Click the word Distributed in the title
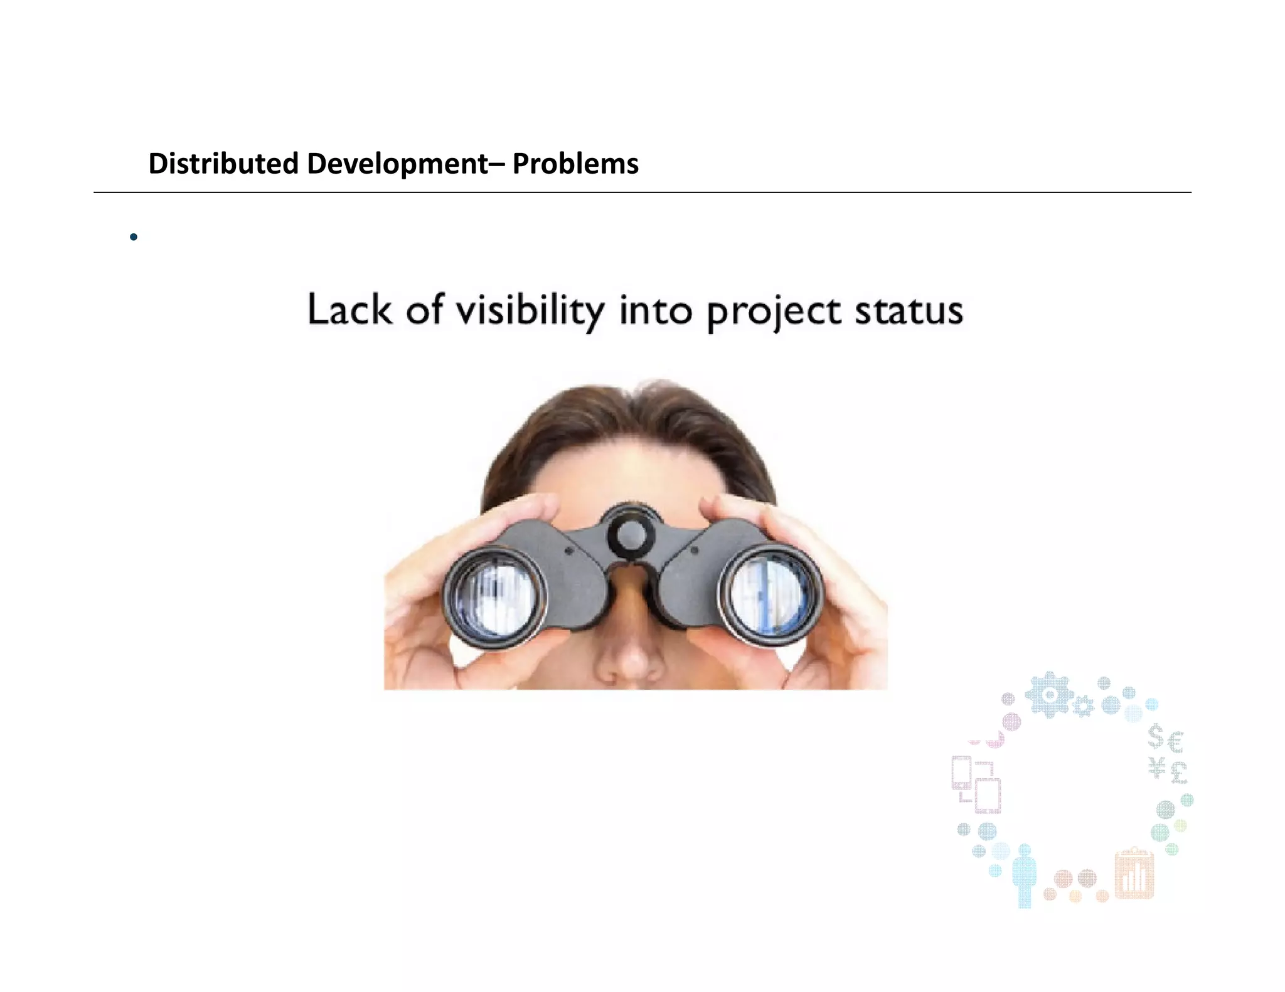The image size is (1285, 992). (x=223, y=164)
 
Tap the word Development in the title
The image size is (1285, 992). (x=397, y=164)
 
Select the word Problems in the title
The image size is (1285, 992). (x=575, y=164)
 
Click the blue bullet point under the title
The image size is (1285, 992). (x=133, y=237)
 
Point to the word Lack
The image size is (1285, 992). (x=348, y=310)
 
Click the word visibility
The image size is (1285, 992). (x=530, y=310)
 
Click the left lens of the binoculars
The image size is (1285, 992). (x=496, y=596)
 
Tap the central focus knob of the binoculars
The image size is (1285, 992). (x=631, y=533)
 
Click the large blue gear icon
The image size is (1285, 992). (x=1049, y=694)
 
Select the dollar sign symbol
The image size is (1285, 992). (x=1155, y=737)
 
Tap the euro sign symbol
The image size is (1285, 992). (x=1176, y=743)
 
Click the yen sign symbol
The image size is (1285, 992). (x=1157, y=767)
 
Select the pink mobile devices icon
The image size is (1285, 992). (x=976, y=784)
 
